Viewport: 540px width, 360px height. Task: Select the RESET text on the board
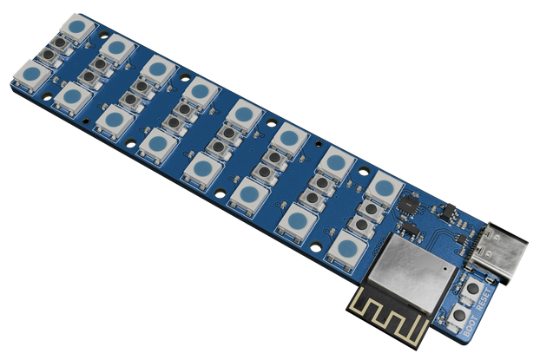(x=484, y=299)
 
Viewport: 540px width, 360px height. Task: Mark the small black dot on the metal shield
(x=446, y=267)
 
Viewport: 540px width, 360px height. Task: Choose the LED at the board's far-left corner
(x=31, y=76)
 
